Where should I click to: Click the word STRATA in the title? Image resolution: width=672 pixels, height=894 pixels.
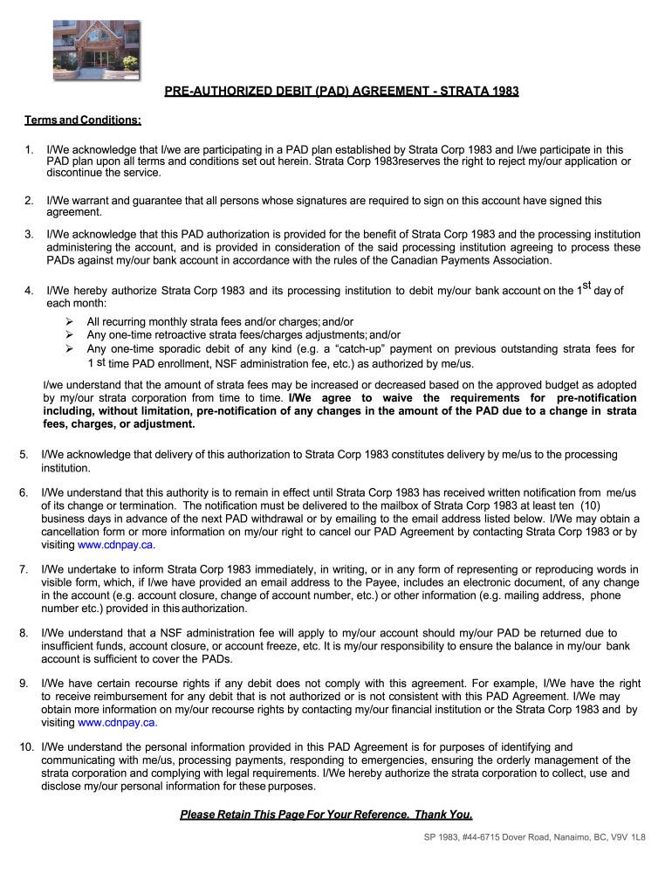coord(462,91)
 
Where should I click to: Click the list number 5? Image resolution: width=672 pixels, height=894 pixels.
coord(24,455)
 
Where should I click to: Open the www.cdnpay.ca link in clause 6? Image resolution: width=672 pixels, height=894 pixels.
coord(116,545)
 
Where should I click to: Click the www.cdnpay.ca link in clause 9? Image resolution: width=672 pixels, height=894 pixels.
coord(116,723)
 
